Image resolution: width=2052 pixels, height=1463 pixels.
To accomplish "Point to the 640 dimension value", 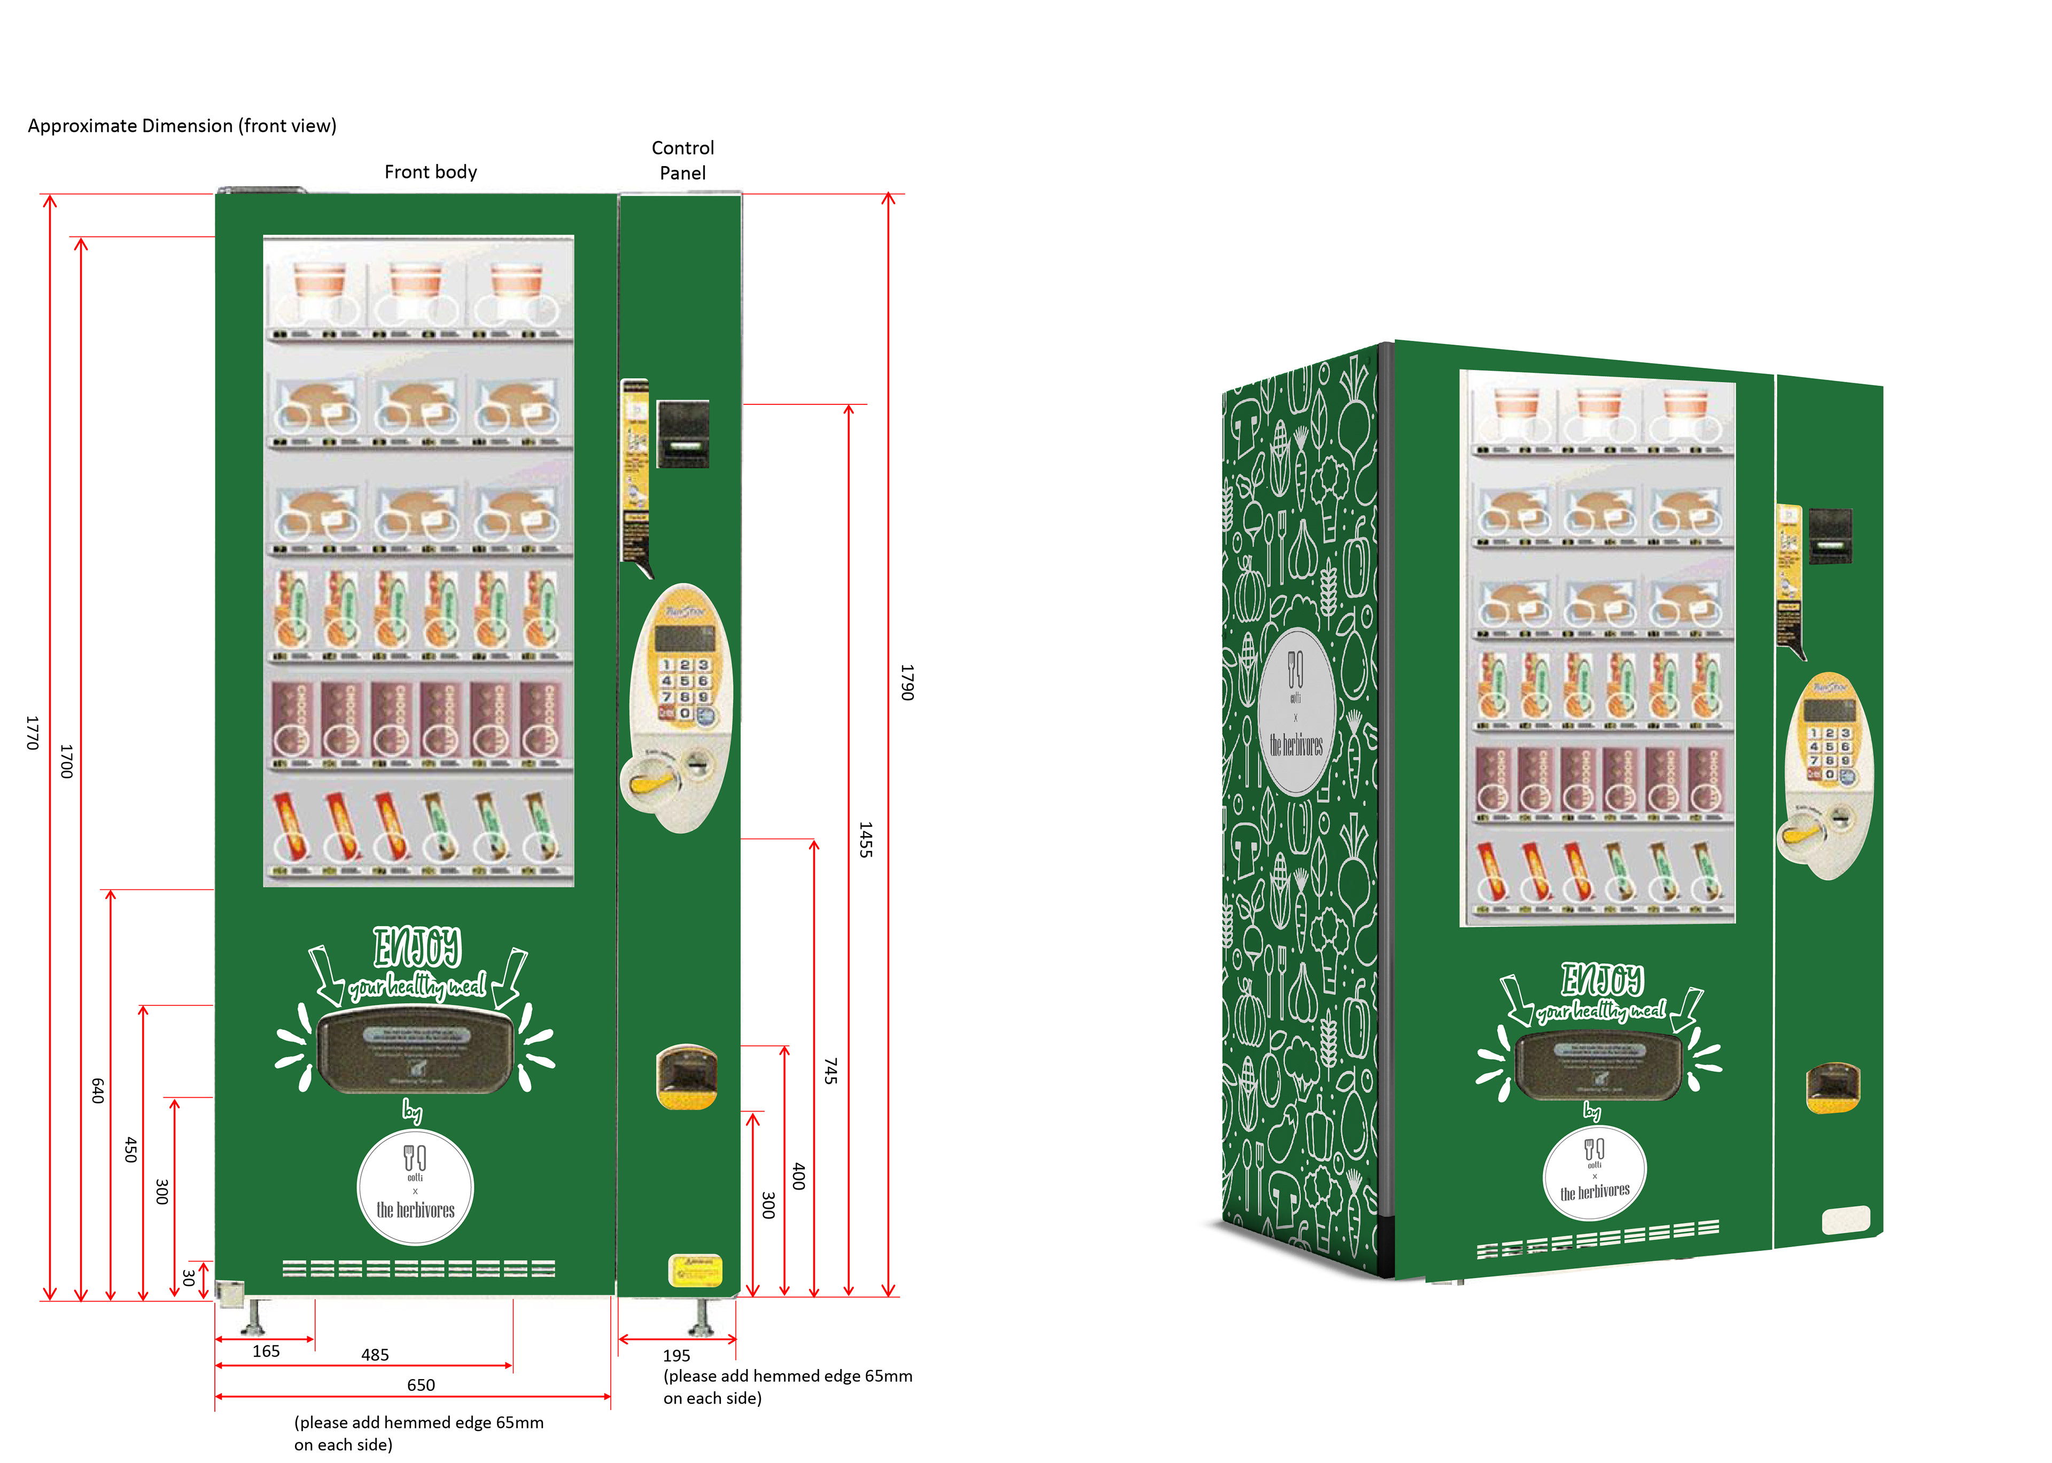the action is coord(97,1090).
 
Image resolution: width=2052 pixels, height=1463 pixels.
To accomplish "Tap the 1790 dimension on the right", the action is coord(907,682).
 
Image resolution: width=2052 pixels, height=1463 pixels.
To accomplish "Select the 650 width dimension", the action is coord(421,1384).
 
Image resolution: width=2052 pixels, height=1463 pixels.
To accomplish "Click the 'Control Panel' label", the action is coord(682,160).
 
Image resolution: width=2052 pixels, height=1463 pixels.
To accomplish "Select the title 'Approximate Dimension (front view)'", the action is coord(182,125).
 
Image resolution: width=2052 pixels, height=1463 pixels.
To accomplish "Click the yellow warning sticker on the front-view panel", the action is coord(695,1269).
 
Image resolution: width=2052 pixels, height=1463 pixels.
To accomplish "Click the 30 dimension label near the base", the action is coord(188,1278).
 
